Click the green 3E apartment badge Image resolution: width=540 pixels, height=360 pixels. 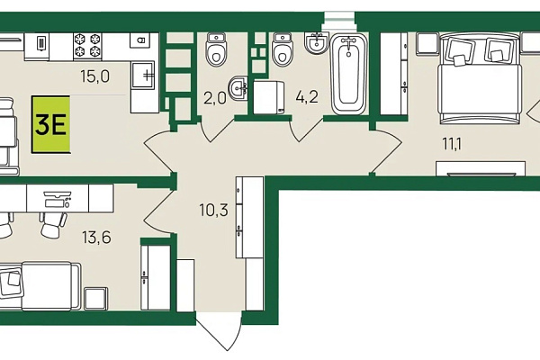click(x=50, y=124)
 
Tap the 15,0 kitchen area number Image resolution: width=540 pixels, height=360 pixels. click(x=95, y=76)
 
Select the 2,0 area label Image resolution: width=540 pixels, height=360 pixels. click(x=215, y=98)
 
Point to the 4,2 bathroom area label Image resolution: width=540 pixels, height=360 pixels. click(x=307, y=97)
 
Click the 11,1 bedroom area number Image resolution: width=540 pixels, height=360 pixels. click(x=452, y=144)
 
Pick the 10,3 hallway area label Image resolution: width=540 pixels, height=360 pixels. click(x=214, y=210)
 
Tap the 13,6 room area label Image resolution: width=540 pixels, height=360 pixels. click(x=97, y=238)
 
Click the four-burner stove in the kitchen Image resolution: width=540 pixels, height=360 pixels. click(x=87, y=46)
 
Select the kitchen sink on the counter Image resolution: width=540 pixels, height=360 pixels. click(x=143, y=75)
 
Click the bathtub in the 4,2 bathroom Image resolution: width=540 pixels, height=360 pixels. click(x=348, y=75)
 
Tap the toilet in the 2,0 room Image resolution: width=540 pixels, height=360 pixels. click(x=216, y=49)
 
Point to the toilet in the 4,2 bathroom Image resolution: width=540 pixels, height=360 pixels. click(x=283, y=49)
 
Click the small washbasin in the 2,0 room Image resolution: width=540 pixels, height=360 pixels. click(x=238, y=88)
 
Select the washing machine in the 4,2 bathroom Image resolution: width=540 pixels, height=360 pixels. click(x=268, y=97)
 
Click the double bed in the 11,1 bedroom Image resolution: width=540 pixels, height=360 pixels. click(x=479, y=78)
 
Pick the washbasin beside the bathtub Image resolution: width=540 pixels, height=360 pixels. click(x=317, y=43)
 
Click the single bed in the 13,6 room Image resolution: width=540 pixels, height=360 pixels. click(x=40, y=286)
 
